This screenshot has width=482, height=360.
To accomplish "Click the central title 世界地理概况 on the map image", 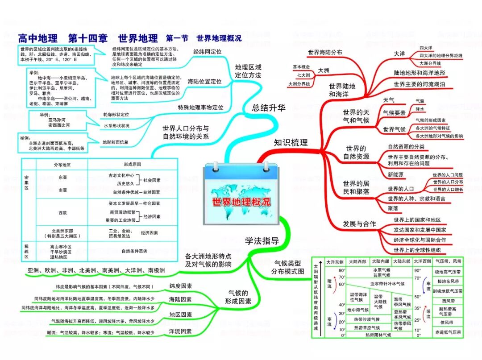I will [x=241, y=201].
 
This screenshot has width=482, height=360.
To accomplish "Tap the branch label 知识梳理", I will [x=291, y=143].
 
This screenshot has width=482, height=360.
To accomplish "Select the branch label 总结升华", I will [x=268, y=108].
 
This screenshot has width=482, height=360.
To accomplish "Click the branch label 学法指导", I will [x=262, y=241].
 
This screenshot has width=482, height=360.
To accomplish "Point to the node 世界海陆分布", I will [x=325, y=52].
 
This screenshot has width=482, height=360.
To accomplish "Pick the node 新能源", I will [x=395, y=174].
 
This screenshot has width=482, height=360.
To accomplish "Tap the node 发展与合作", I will [x=359, y=223].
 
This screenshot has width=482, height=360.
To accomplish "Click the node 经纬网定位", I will [x=208, y=52].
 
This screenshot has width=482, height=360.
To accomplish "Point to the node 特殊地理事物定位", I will [x=200, y=108].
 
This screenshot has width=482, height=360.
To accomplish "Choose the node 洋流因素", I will [x=181, y=331].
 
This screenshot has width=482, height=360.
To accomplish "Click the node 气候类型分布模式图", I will [x=288, y=267].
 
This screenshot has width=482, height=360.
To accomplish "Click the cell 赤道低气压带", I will [x=448, y=333].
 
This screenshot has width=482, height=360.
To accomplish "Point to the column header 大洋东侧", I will [x=335, y=261].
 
